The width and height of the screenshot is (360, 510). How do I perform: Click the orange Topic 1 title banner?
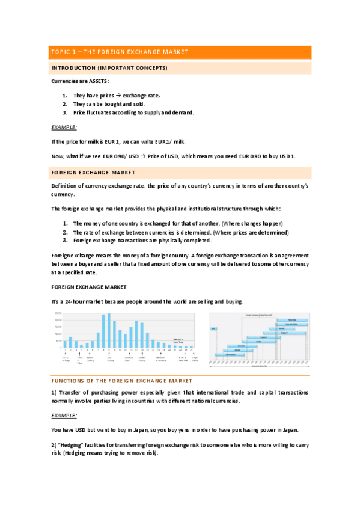point(180,52)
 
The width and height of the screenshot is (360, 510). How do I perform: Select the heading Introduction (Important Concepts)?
point(109,67)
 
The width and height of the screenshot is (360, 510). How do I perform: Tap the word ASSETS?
point(101,81)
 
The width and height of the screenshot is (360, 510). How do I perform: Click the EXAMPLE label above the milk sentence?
point(64,127)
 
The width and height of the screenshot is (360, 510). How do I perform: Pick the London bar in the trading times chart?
point(257,342)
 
